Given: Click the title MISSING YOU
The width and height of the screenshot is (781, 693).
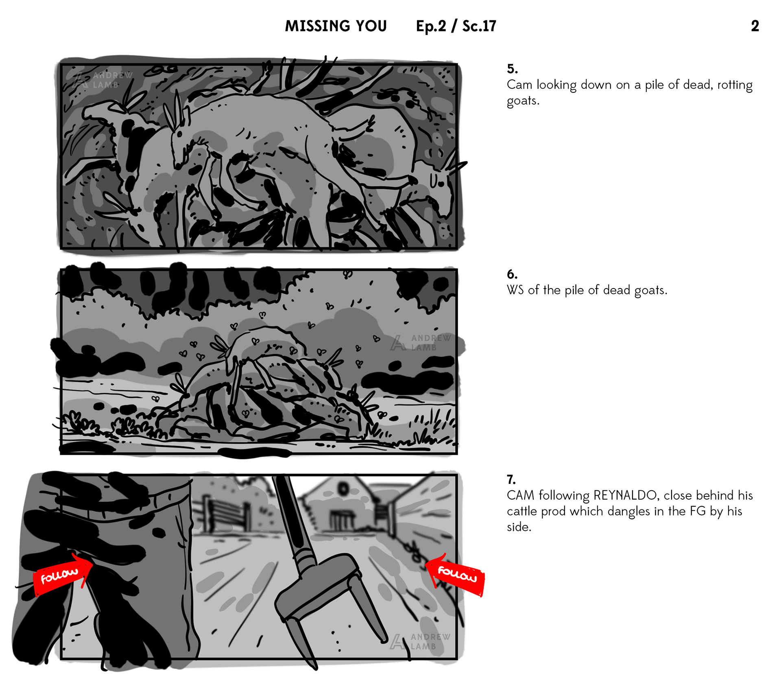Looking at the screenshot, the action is coord(336,26).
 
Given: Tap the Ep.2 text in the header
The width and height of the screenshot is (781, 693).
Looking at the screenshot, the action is coord(431,26).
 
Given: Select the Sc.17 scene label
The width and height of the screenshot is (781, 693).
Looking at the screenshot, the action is coord(479,26).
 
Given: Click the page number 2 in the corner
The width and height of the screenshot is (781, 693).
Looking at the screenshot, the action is coord(755,26).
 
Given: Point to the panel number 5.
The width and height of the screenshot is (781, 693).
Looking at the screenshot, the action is coord(512,68).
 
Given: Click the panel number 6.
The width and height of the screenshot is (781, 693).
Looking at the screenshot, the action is coord(512,274).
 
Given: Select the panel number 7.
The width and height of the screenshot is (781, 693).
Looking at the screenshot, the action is coord(511,479).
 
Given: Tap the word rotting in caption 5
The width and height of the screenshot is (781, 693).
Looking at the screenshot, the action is coord(735,85).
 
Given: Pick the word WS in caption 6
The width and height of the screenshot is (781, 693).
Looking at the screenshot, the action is coord(515,290).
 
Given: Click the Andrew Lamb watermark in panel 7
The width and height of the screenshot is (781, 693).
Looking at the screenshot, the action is coord(420,641).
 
